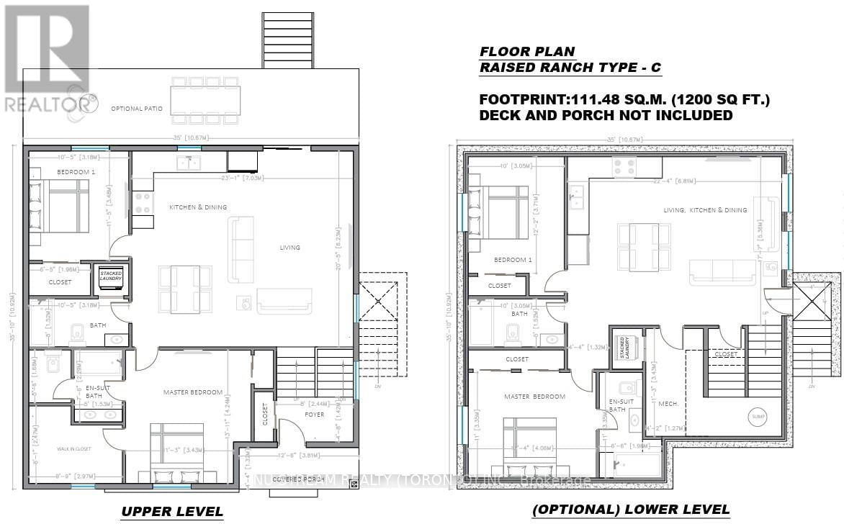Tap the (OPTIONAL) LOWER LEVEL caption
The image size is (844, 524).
click(x=630, y=510)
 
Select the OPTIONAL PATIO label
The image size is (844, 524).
click(x=136, y=109)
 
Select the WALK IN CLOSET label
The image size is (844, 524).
click(x=76, y=449)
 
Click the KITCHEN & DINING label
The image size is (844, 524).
click(x=198, y=207)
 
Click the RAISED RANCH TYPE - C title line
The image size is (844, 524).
click(x=570, y=68)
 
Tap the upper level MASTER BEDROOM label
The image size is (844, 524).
click(x=192, y=392)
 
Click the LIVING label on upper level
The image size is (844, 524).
click(x=290, y=248)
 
